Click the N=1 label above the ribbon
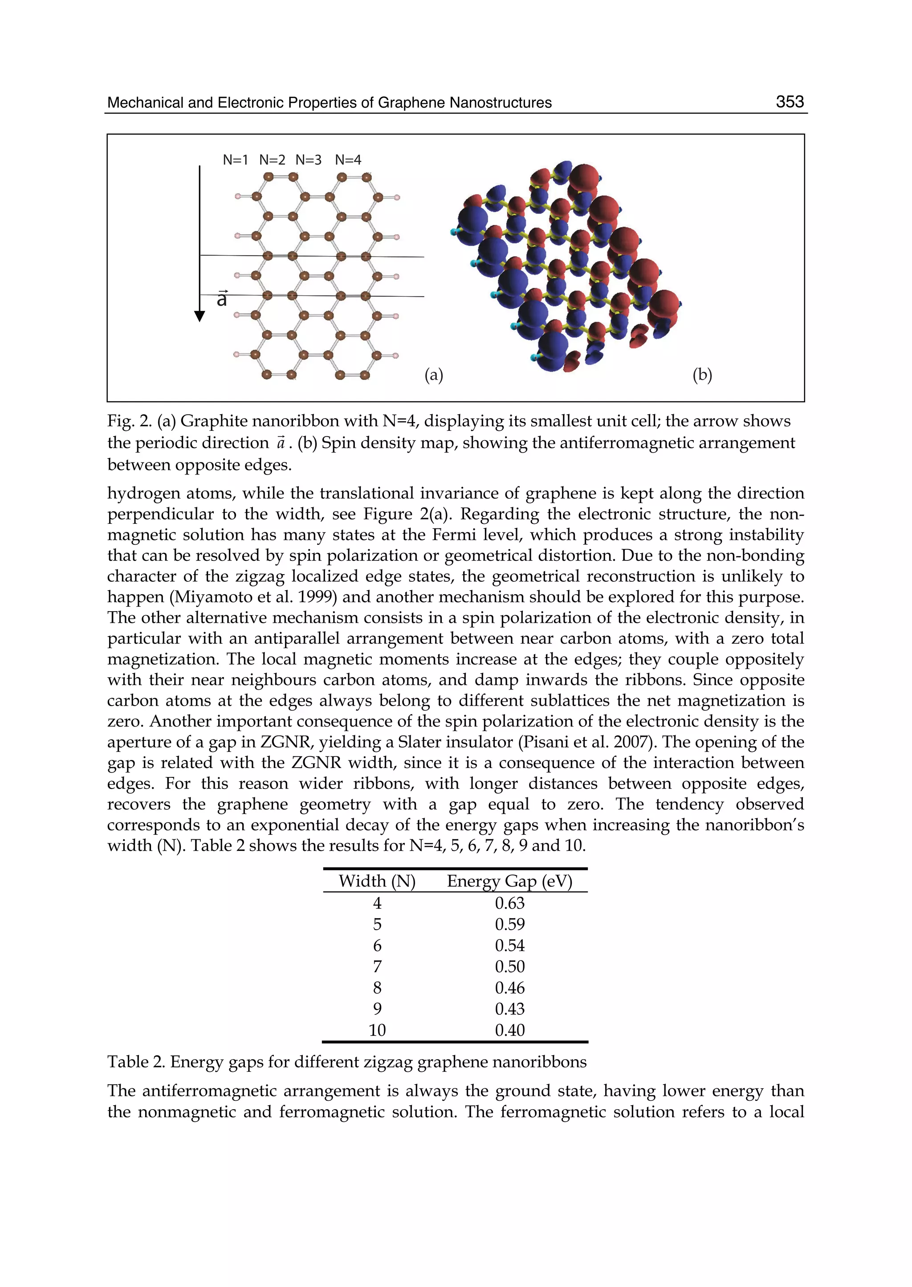point(235,160)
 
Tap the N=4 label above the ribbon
point(348,160)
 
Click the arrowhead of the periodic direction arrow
point(199,316)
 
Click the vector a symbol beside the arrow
point(222,299)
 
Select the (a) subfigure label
point(434,375)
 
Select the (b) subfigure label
point(702,375)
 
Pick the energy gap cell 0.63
point(509,903)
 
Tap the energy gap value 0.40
point(509,1030)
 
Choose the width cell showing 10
point(377,1030)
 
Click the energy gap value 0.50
point(509,967)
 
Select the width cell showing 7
point(377,967)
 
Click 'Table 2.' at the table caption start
point(136,1062)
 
